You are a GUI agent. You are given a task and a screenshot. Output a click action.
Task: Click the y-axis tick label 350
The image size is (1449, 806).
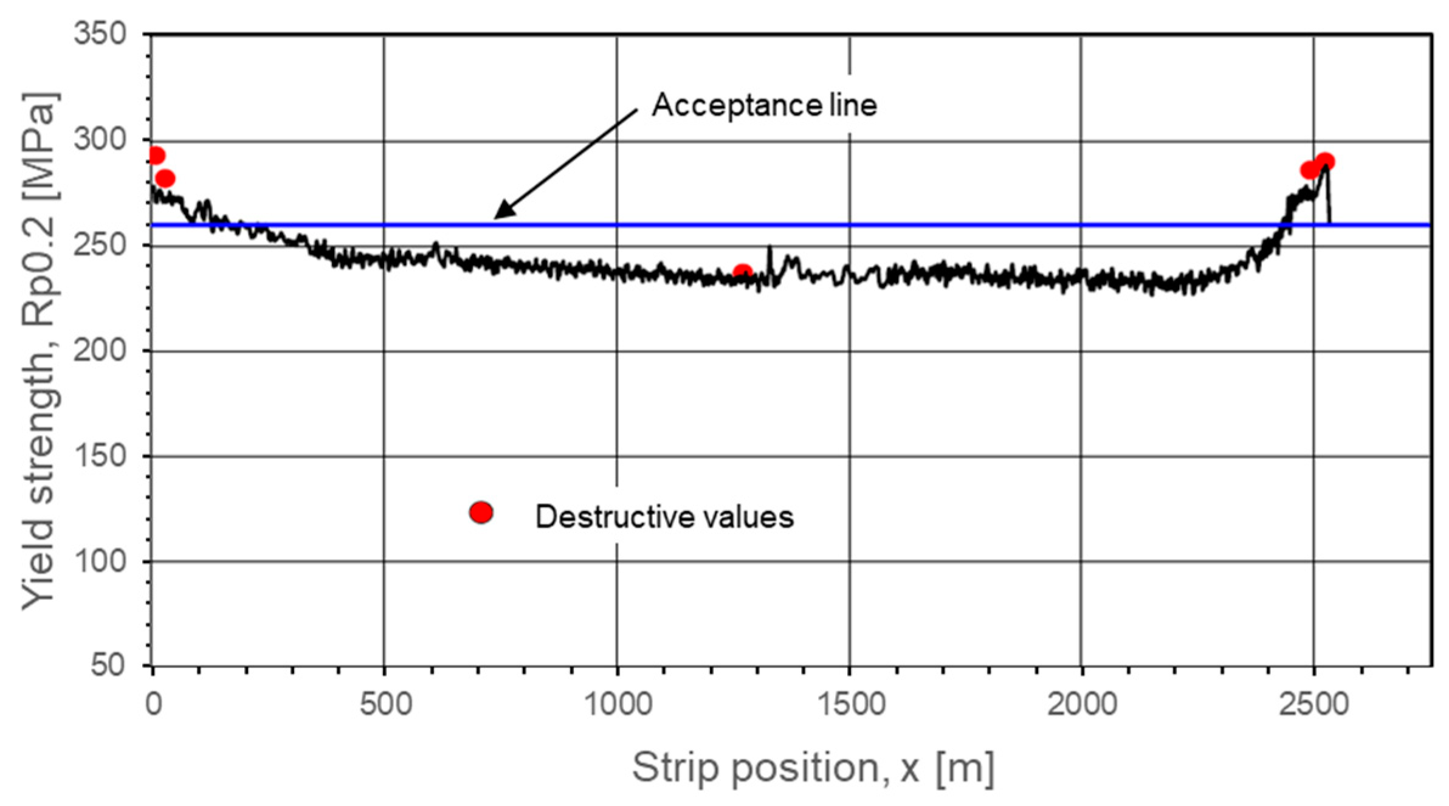(x=100, y=33)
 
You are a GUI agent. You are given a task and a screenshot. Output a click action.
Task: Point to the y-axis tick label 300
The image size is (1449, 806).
(x=100, y=140)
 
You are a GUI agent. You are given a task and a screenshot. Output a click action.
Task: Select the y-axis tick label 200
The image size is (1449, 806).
(x=100, y=351)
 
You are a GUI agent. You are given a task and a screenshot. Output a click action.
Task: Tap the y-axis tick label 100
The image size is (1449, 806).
(x=100, y=561)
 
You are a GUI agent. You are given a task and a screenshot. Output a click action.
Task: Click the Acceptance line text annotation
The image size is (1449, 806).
(x=765, y=105)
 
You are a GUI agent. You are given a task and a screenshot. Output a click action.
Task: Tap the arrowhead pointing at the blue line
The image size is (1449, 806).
(x=501, y=213)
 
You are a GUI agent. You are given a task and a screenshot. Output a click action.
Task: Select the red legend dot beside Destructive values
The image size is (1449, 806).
(x=481, y=513)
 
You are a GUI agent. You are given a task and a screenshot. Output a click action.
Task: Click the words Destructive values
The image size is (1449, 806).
(x=664, y=517)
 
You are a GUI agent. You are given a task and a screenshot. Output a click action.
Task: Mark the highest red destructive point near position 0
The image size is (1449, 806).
(x=156, y=156)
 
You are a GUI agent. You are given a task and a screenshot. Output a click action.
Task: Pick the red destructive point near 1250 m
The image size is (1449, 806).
(x=742, y=272)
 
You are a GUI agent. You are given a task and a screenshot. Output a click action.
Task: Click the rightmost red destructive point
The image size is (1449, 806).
(x=1325, y=162)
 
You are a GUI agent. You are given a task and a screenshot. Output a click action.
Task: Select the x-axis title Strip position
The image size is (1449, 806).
(x=813, y=767)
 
